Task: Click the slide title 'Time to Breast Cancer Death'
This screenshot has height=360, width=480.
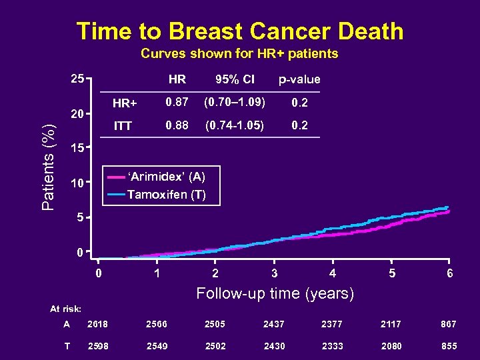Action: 240,31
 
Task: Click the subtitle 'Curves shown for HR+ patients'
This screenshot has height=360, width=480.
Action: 239,53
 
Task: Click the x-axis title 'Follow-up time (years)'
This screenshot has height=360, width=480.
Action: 275,293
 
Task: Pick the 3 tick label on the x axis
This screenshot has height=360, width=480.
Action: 275,273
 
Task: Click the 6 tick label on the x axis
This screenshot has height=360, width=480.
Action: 450,273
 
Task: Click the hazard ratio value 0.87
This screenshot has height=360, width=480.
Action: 177,103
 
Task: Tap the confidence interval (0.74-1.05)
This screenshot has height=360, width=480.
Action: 234,125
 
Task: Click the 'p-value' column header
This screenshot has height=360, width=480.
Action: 299,79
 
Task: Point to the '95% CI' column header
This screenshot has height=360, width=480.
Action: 234,79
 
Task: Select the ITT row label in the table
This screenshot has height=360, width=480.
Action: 123,125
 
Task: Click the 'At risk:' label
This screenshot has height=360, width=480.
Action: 66,309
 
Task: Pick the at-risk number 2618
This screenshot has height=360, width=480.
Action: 98,324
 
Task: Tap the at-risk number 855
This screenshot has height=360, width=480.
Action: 449,347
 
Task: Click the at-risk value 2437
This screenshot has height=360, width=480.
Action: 275,324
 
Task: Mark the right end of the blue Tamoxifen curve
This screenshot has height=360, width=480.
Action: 447,207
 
